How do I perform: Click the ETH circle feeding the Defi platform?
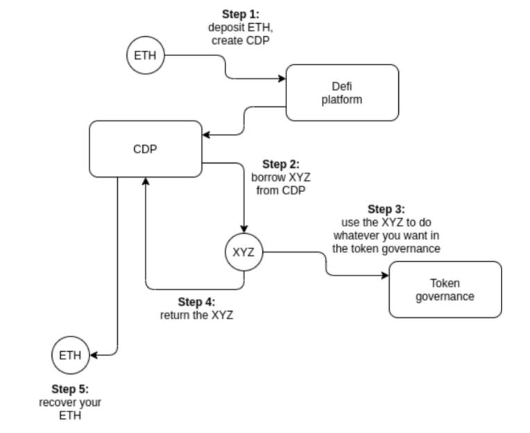pyautogui.click(x=146, y=56)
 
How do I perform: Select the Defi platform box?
pyautogui.click(x=342, y=92)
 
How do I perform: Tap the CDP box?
pyautogui.click(x=146, y=148)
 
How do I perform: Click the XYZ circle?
pyautogui.click(x=243, y=253)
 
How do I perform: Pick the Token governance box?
pyautogui.click(x=445, y=289)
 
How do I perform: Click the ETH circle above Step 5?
pyautogui.click(x=70, y=355)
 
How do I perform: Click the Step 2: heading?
pyautogui.click(x=280, y=164)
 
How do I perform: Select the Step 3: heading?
pyautogui.click(x=386, y=209)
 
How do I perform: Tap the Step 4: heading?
pyautogui.click(x=196, y=302)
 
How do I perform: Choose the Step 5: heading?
pyautogui.click(x=70, y=389)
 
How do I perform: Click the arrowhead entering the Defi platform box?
pyautogui.click(x=282, y=79)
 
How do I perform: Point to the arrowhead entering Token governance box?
pyautogui.click(x=385, y=275)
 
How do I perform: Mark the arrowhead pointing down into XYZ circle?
pyautogui.click(x=243, y=229)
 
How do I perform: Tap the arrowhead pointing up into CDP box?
pyautogui.click(x=146, y=181)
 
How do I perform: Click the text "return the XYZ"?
pyautogui.click(x=196, y=315)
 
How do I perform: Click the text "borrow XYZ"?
pyautogui.click(x=280, y=178)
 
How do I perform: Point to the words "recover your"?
pyautogui.click(x=70, y=402)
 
